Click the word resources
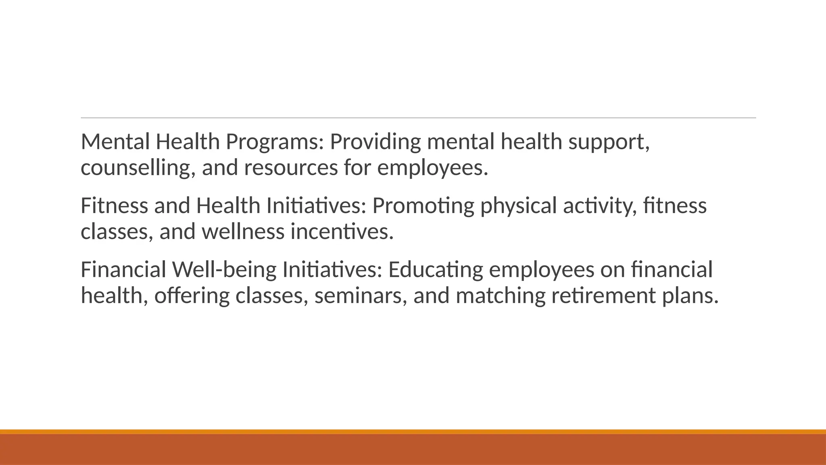[x=290, y=168]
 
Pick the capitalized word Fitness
[x=114, y=206]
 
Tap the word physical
[x=518, y=206]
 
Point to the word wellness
[x=243, y=232]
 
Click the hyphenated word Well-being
[x=224, y=270]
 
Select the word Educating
[x=435, y=270]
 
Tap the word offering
[x=192, y=295]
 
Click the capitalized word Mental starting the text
[x=115, y=142]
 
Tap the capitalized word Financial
[x=123, y=270]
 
